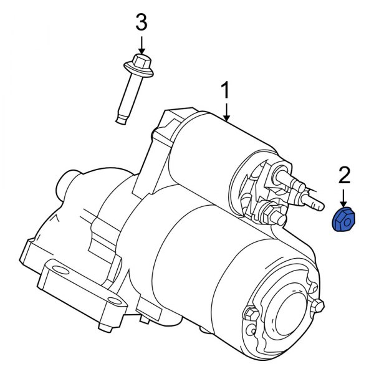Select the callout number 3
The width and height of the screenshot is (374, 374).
141,24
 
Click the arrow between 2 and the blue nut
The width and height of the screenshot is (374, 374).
342,199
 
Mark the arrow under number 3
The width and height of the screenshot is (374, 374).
141,44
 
